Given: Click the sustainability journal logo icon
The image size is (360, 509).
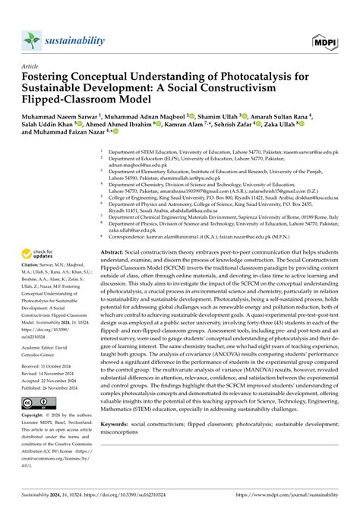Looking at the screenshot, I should click(31, 39).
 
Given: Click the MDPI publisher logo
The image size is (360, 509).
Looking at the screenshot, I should click(326, 39).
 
